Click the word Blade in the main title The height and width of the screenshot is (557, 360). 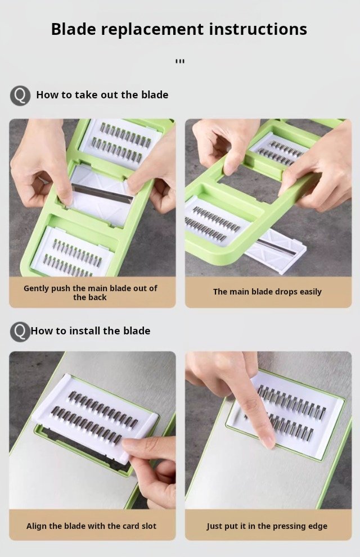74,29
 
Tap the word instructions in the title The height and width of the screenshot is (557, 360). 258,29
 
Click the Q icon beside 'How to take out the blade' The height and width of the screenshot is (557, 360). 20,95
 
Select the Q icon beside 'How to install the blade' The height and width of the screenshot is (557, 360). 20,332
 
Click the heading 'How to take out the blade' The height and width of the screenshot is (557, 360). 102,95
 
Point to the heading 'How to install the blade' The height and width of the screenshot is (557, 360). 91,330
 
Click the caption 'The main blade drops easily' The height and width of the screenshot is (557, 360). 267,292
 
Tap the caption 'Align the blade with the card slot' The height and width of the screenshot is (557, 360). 91,526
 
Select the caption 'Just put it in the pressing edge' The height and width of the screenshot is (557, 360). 267,526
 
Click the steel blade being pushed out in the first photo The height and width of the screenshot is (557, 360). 102,193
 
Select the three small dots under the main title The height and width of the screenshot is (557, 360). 180,61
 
